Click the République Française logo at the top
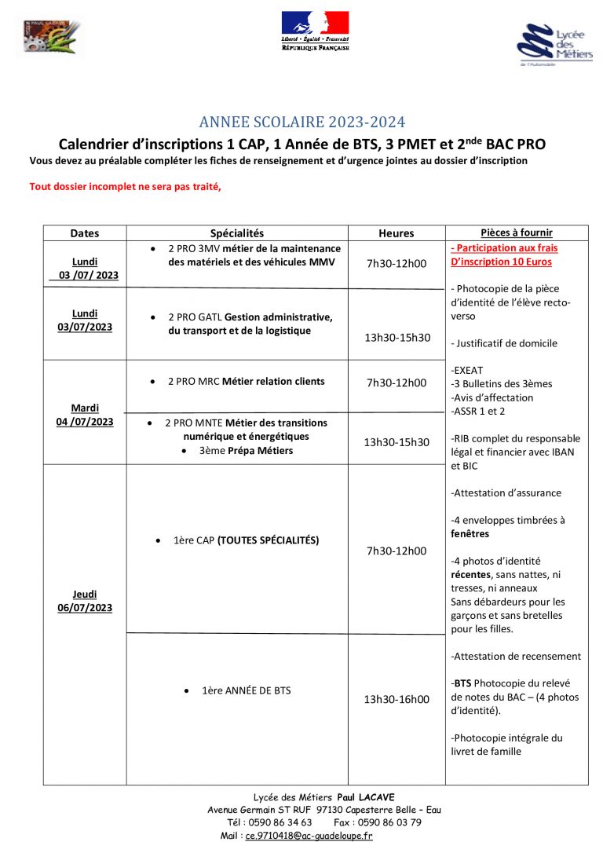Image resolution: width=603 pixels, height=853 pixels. (x=315, y=31)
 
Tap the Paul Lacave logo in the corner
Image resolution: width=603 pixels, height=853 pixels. (x=49, y=38)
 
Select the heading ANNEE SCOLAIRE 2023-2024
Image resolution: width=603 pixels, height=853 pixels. (x=302, y=122)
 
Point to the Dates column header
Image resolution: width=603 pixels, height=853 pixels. (x=85, y=233)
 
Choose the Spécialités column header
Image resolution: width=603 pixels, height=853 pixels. (x=237, y=233)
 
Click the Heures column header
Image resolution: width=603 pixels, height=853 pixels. (x=396, y=233)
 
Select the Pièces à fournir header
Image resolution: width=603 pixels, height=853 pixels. (x=516, y=232)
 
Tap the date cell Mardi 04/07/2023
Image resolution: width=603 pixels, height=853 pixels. (x=85, y=415)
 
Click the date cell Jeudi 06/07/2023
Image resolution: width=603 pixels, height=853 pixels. (x=85, y=601)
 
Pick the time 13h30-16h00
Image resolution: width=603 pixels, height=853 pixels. (x=397, y=699)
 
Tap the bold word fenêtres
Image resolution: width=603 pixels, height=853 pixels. (x=470, y=533)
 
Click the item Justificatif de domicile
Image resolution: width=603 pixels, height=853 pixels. (x=504, y=343)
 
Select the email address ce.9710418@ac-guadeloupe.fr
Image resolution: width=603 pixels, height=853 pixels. (x=309, y=836)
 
